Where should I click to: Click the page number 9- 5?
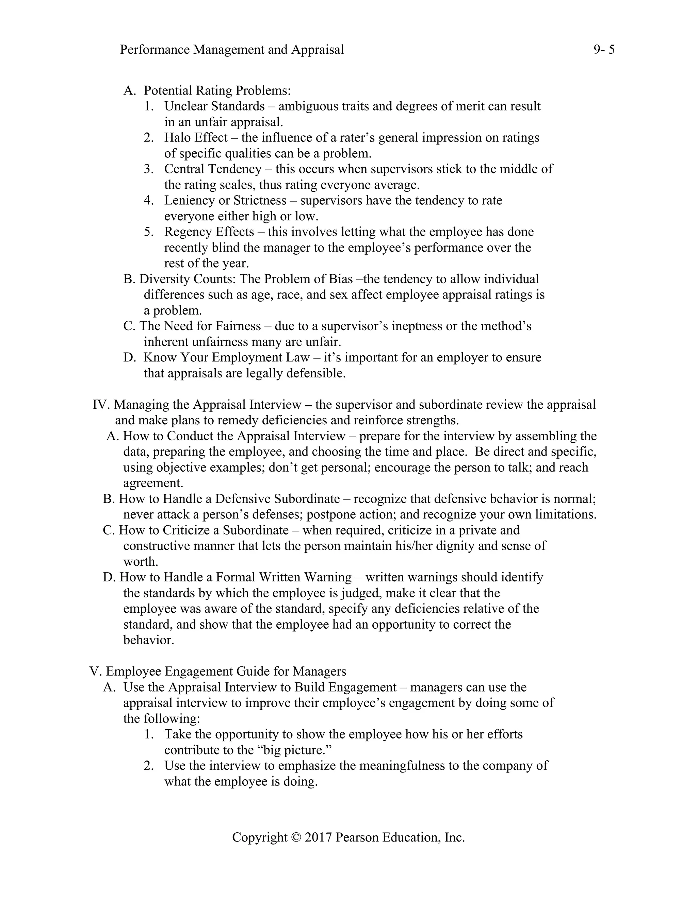[x=604, y=50]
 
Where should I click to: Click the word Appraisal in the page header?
[x=318, y=50]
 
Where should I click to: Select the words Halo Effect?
[x=196, y=138]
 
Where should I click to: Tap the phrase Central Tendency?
[x=213, y=169]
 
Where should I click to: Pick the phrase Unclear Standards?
[x=214, y=106]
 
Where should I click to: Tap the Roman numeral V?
[x=95, y=671]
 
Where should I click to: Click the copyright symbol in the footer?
[x=296, y=837]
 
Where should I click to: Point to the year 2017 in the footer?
[x=318, y=837]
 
